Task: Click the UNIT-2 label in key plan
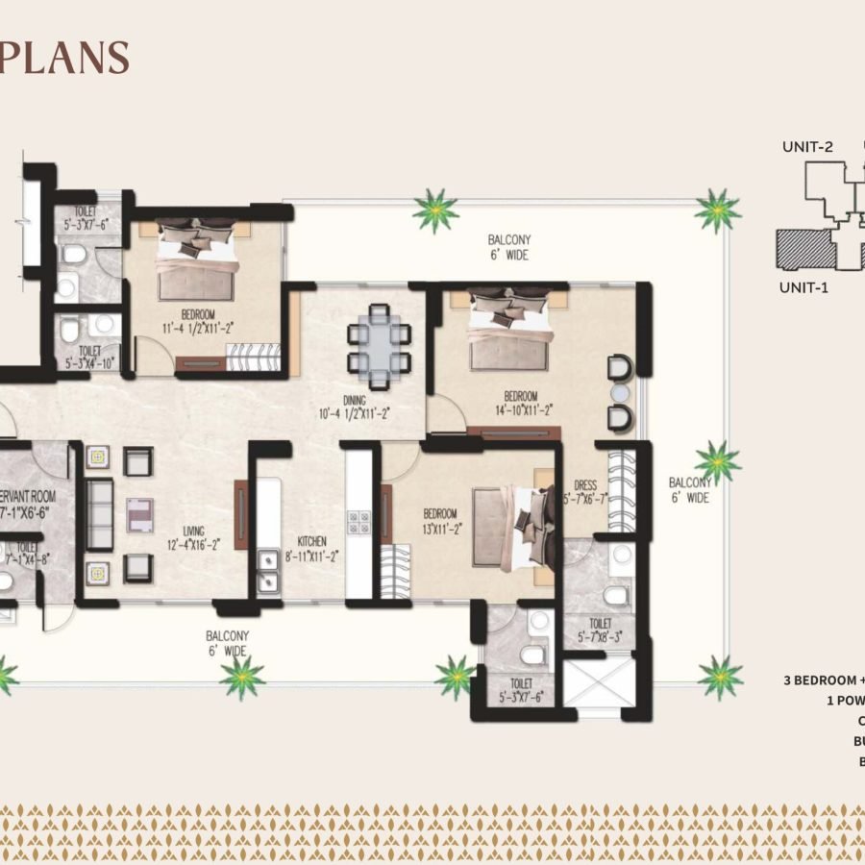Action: pos(806,147)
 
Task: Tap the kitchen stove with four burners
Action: pos(358,523)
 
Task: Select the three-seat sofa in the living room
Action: pos(99,515)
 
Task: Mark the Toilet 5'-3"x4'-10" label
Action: pos(88,358)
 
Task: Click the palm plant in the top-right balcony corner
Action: pos(717,210)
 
